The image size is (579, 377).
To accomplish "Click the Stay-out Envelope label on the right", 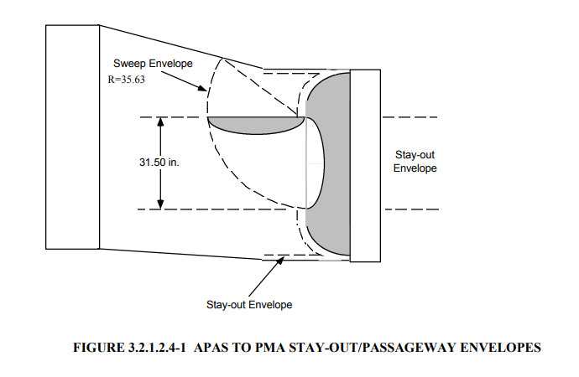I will click(x=415, y=162).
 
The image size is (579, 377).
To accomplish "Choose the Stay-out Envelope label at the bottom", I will click(x=249, y=304).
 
